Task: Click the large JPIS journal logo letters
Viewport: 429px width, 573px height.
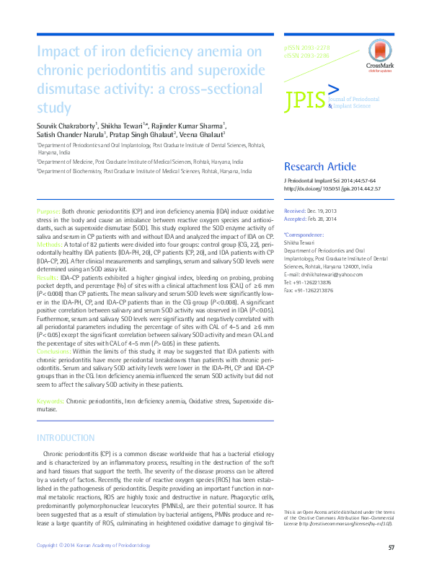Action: click(306, 100)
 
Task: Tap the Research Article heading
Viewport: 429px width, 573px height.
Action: click(320, 166)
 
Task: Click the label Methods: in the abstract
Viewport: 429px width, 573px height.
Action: click(49, 245)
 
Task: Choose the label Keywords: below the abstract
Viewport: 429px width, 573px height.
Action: click(50, 400)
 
